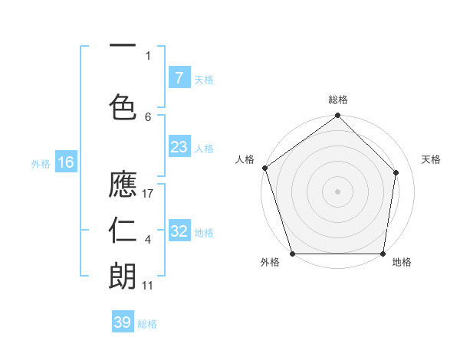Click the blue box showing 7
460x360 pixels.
(x=179, y=77)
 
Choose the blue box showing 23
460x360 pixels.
(x=179, y=147)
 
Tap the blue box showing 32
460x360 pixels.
(x=179, y=231)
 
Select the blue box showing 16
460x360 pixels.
(x=65, y=162)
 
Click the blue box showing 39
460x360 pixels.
(x=122, y=322)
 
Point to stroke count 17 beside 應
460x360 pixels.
(x=149, y=194)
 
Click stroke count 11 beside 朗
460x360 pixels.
(x=149, y=286)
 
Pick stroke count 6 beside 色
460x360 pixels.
(x=148, y=116)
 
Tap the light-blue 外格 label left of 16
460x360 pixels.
(x=41, y=162)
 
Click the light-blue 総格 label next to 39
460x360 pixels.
(x=147, y=323)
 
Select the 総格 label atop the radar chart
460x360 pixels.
(x=338, y=100)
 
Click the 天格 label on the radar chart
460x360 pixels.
(x=432, y=159)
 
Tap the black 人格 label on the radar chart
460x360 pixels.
(x=245, y=159)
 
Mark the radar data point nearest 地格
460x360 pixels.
(x=383, y=254)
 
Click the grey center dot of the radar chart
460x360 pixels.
(x=338, y=191)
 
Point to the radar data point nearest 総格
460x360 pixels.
(x=338, y=116)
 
